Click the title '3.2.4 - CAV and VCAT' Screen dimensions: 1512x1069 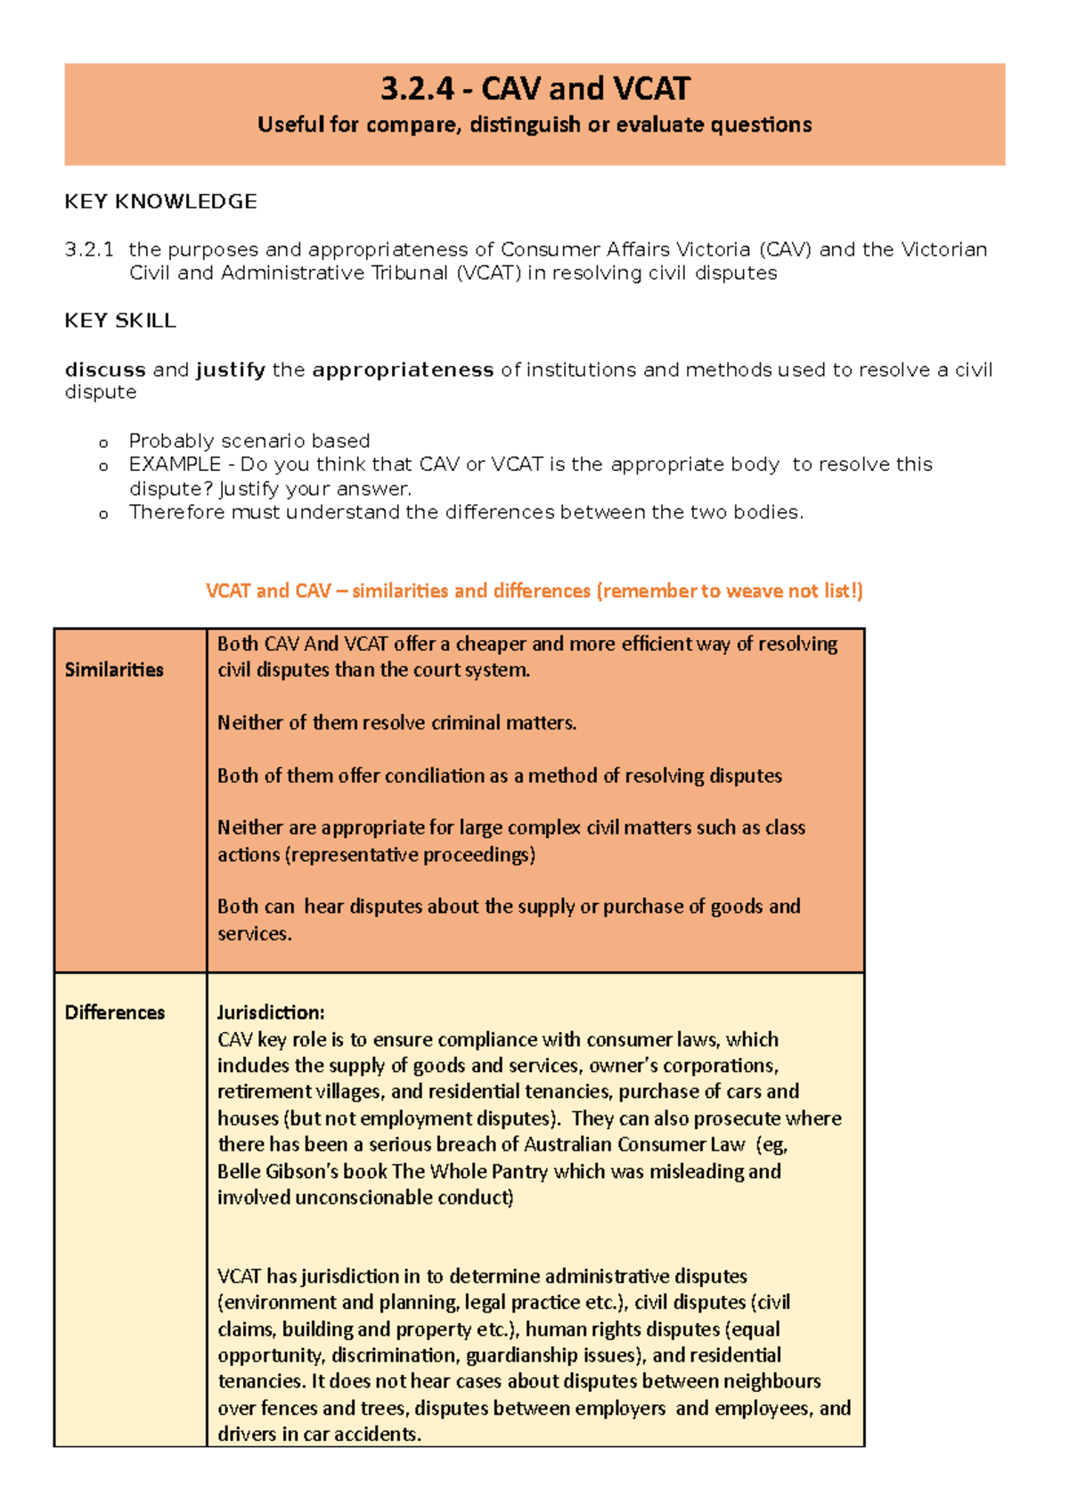(x=534, y=89)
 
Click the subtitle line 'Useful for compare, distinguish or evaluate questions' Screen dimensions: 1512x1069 (x=534, y=125)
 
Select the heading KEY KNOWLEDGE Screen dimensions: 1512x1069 (x=160, y=202)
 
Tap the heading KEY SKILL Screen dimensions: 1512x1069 (x=120, y=321)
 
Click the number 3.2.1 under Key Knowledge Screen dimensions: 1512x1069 (x=89, y=250)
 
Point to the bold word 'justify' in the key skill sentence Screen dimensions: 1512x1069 (x=231, y=370)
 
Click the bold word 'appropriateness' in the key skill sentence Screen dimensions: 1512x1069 (x=403, y=370)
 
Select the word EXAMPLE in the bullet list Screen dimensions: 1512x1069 (x=175, y=465)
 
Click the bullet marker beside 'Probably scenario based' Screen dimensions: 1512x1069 (x=103, y=443)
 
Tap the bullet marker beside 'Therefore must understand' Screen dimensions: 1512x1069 (x=103, y=514)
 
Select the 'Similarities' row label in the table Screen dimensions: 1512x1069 (x=114, y=670)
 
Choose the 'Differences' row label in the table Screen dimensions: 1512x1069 (x=115, y=1012)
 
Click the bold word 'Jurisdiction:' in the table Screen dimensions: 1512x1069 (x=271, y=1012)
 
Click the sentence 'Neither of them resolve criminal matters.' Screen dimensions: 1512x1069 (x=397, y=723)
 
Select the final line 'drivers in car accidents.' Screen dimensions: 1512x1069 (x=319, y=1435)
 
